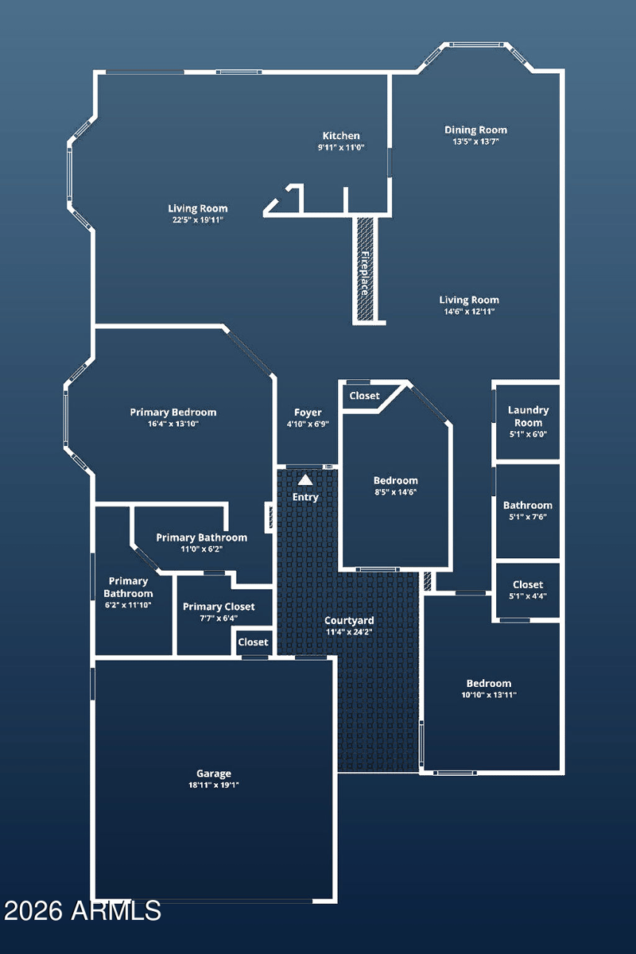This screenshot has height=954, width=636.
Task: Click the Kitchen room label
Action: pos(341,136)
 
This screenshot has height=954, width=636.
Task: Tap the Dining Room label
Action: pos(475,130)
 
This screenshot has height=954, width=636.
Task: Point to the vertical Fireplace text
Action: pos(365,273)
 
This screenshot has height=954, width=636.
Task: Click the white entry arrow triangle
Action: pos(305,480)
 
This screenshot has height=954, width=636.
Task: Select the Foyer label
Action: pos(308,413)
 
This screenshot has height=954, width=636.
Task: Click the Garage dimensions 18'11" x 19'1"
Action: pos(213,785)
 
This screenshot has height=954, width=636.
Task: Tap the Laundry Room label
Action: pos(528,417)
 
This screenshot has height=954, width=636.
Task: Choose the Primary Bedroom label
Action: pos(173,413)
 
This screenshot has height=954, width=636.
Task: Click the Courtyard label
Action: pos(349,621)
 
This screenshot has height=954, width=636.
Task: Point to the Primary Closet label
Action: pos(219,607)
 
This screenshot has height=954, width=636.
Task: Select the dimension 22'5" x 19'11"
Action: pos(198,219)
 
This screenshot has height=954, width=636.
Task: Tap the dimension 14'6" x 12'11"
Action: pos(469,312)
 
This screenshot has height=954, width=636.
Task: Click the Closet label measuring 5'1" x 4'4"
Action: pos(528,584)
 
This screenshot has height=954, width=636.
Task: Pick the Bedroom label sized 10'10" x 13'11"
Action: pos(489,683)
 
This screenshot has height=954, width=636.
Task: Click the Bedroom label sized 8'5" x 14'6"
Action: pos(395,480)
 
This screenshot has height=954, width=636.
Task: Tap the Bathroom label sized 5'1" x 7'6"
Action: pos(527,505)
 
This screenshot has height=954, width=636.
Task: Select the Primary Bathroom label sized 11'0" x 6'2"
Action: pos(201,537)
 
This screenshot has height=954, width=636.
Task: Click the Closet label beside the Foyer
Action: pos(364,396)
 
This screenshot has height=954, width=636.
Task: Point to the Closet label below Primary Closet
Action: pos(253,642)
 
